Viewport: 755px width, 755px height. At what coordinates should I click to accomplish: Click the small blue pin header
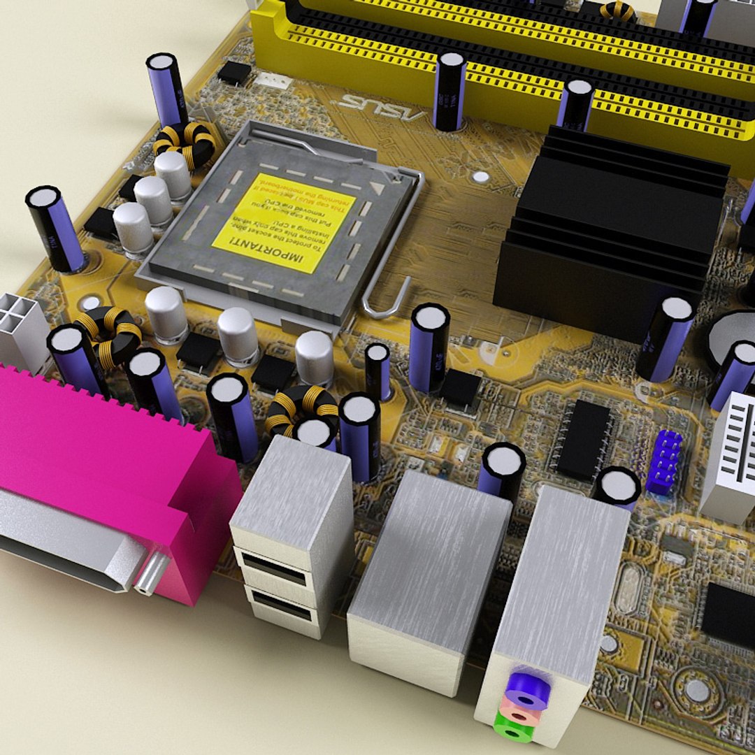[667, 461]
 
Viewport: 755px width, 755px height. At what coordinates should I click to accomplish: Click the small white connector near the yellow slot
[273, 80]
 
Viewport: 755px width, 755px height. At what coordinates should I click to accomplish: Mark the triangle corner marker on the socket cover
[377, 187]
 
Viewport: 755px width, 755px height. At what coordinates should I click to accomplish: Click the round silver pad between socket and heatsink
[481, 176]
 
